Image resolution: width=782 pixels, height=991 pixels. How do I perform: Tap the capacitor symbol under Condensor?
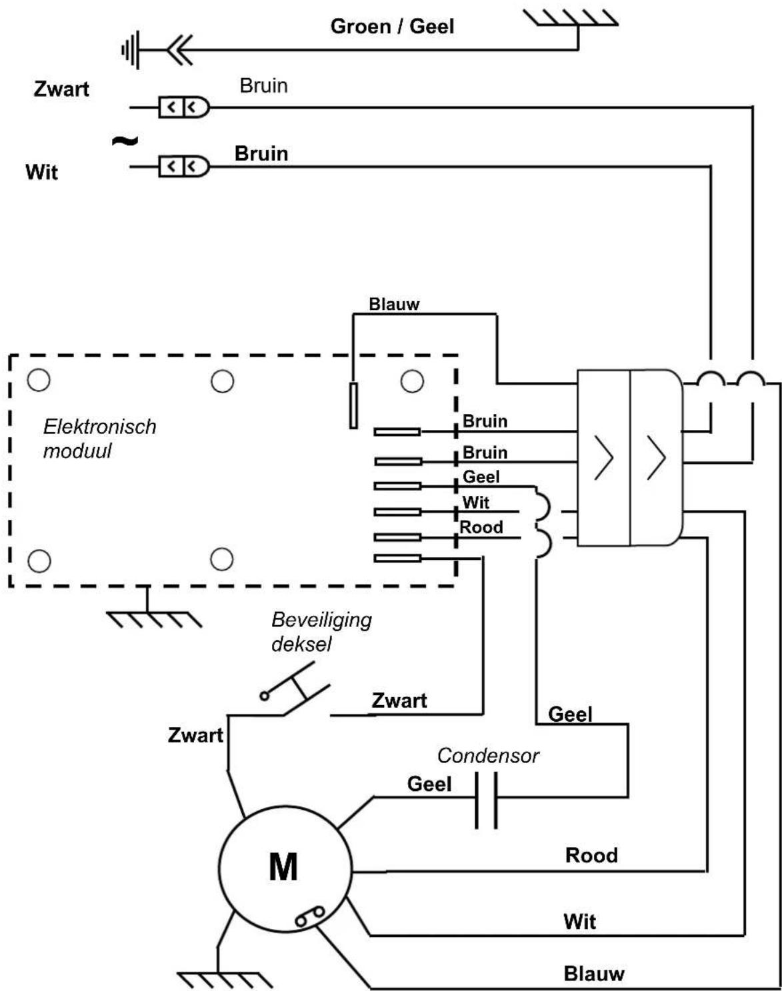(x=486, y=800)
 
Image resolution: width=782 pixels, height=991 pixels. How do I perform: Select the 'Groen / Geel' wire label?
(x=392, y=26)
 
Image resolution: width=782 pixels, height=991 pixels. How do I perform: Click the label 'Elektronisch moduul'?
(x=99, y=439)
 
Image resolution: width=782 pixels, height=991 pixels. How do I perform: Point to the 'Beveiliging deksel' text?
(x=321, y=632)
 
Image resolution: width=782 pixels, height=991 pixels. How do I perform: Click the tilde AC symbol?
(x=125, y=141)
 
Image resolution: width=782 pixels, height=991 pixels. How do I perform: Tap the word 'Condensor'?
(x=488, y=756)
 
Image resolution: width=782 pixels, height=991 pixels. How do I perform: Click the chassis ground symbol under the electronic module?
(x=153, y=619)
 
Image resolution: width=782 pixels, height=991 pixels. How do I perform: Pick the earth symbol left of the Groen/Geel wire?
(x=131, y=50)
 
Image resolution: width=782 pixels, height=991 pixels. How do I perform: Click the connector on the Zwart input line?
(x=184, y=107)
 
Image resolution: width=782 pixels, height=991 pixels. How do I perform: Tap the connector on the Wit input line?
(x=184, y=166)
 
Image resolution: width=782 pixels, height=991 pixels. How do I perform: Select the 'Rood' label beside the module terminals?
(x=481, y=526)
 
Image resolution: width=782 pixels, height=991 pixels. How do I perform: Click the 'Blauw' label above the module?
(x=394, y=304)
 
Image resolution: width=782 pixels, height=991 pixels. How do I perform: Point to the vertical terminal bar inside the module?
(x=353, y=405)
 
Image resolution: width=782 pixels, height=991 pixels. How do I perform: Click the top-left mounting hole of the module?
(x=39, y=380)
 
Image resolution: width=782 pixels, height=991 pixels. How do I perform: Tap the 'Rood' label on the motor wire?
(x=591, y=855)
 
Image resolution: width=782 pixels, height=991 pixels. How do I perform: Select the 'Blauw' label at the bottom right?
(x=594, y=974)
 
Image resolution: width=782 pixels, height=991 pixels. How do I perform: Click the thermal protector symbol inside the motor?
(x=309, y=916)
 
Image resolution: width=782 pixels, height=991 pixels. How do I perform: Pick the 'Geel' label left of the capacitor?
(x=429, y=784)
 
